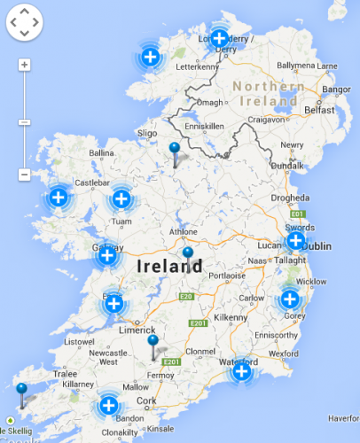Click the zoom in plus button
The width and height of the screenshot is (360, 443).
click(x=24, y=65)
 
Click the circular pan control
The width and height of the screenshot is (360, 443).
click(x=24, y=24)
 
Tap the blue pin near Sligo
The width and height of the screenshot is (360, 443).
click(x=175, y=149)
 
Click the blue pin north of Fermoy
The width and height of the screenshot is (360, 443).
click(x=153, y=342)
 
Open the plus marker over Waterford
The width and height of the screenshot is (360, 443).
click(x=241, y=370)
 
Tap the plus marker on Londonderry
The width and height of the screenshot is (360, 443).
click(x=219, y=39)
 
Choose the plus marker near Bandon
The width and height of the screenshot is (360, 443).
click(x=108, y=406)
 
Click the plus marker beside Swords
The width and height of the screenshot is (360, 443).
click(x=296, y=239)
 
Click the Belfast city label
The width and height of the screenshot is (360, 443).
click(x=318, y=110)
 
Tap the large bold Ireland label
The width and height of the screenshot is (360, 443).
click(x=169, y=265)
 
